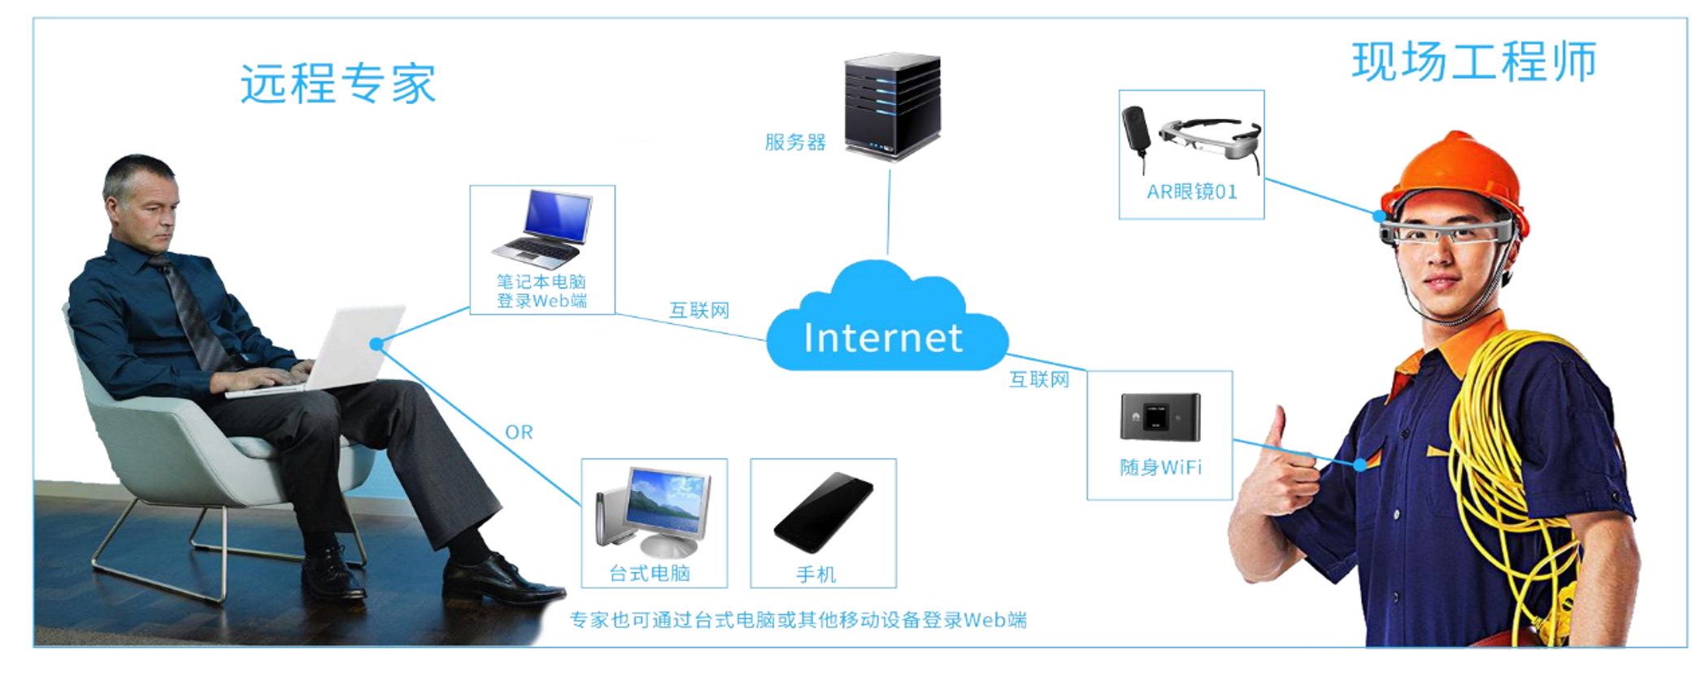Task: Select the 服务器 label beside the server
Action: pos(794,142)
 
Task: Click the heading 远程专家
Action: pos(337,84)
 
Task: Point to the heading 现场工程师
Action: pos(1473,62)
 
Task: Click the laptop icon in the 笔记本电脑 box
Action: pos(542,229)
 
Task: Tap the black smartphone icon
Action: pos(823,512)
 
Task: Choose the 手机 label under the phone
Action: pos(816,575)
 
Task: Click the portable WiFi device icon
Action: pos(1159,417)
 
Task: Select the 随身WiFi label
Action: pos(1160,468)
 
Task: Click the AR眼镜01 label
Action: pos(1191,192)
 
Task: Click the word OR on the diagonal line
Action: pos(519,432)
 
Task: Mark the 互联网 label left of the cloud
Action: pos(698,310)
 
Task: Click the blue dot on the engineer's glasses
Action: pos(1379,216)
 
